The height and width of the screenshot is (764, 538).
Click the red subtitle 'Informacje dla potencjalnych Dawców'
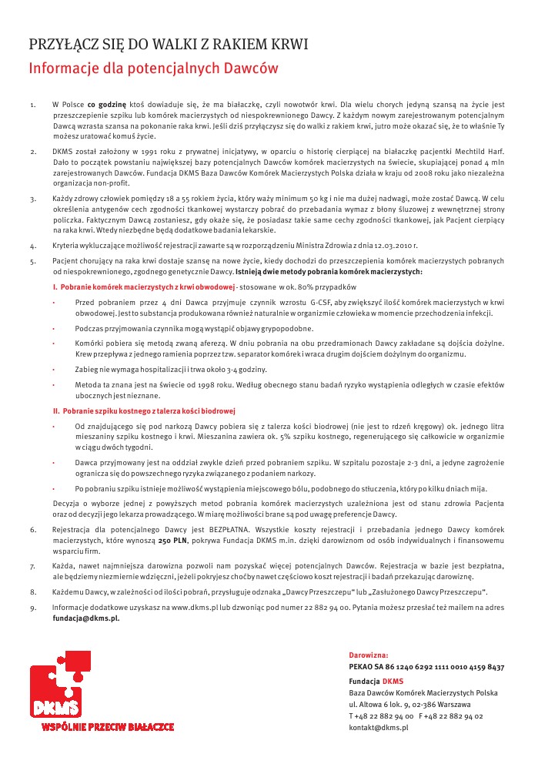click(x=153, y=69)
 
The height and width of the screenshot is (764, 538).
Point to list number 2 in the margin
click(x=32, y=152)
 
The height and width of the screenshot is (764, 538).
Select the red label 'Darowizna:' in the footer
click(x=368, y=655)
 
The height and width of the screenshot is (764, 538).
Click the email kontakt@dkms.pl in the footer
click(x=378, y=728)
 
